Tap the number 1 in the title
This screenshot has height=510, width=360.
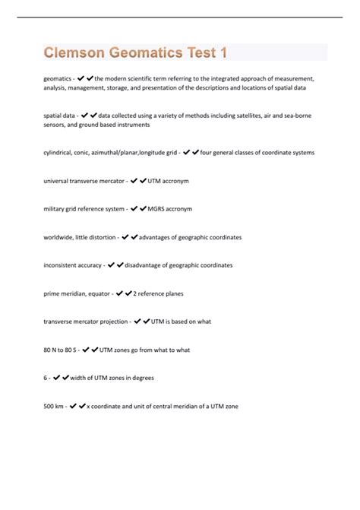[223, 53]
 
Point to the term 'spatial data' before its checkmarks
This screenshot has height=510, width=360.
[60, 116]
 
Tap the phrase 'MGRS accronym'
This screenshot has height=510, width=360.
[170, 209]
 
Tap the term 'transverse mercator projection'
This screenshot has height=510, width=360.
[86, 322]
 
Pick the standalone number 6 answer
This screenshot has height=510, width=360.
[46, 378]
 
